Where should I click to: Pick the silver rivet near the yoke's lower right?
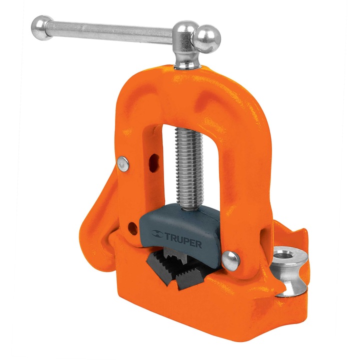[x=230, y=258]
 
